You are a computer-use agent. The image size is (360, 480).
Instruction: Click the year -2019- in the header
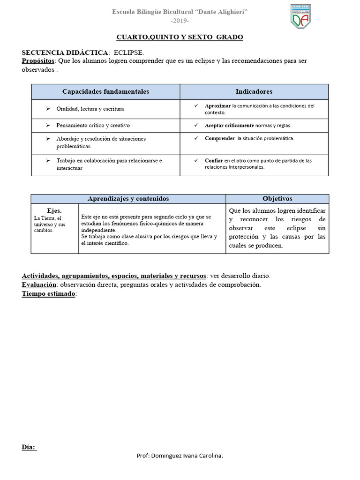(x=180, y=22)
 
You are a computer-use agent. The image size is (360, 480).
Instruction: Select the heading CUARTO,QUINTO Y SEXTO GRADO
(x=180, y=37)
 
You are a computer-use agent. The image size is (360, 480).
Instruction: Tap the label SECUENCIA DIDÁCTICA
(x=65, y=53)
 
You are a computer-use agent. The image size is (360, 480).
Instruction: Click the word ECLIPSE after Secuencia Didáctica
(x=129, y=53)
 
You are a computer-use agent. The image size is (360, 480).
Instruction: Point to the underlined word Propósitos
(x=38, y=61)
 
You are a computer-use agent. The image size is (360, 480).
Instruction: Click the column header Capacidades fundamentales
(x=105, y=91)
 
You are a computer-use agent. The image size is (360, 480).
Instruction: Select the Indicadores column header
(x=254, y=91)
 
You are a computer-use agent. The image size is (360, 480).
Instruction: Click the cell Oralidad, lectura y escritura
(x=90, y=109)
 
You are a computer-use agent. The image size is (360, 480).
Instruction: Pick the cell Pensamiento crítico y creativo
(x=93, y=126)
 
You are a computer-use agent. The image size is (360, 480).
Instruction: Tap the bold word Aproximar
(x=218, y=106)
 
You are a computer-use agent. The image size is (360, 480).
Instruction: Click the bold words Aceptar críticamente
(x=229, y=126)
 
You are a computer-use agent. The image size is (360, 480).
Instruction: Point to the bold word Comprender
(x=219, y=138)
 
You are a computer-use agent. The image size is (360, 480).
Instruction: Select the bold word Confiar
(x=214, y=160)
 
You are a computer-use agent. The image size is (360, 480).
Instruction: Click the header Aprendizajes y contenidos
(x=128, y=199)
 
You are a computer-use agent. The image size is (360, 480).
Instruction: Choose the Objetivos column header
(x=277, y=199)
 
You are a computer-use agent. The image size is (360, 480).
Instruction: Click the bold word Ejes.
(x=54, y=210)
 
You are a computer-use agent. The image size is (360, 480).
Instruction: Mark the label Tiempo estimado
(x=48, y=293)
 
